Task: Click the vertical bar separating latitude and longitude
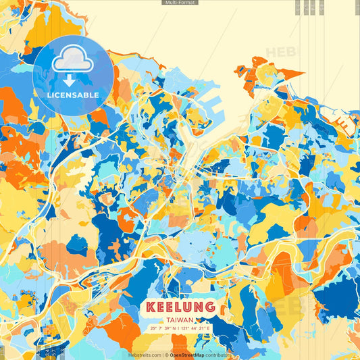click(x=180, y=328)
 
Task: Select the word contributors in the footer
click(x=217, y=355)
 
